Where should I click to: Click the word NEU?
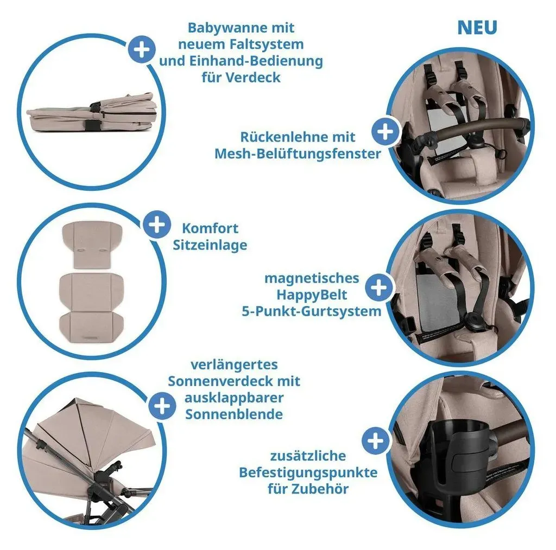[477, 28]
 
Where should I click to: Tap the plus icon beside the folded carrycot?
[141, 49]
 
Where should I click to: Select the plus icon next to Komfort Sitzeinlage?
[157, 225]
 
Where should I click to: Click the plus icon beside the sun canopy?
[162, 406]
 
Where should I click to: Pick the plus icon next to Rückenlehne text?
[386, 132]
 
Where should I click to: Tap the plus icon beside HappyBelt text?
[379, 287]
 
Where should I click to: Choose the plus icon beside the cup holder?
[376, 441]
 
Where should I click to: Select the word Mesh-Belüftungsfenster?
[298, 154]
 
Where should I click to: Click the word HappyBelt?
[312, 295]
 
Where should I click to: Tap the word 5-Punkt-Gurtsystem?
[312, 311]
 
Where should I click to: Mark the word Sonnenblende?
[234, 414]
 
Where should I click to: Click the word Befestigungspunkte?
[308, 472]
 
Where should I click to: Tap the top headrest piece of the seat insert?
[92, 245]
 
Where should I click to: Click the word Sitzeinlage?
[210, 245]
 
